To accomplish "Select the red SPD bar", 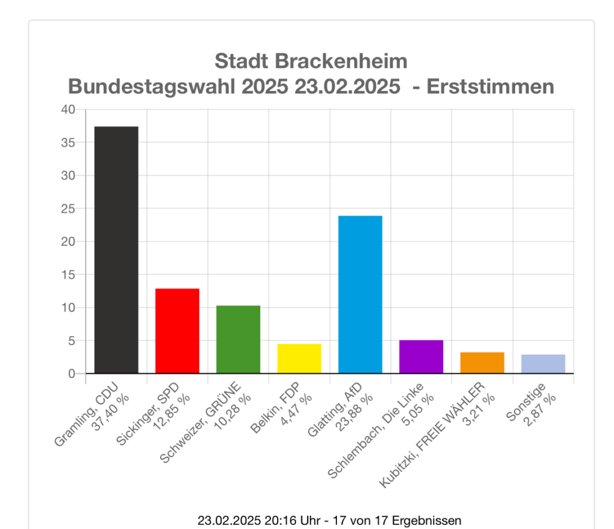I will pos(177,331).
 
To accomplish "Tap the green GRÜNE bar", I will pos(238,339).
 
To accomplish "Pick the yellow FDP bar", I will pos(299,358).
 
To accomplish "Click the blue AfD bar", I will pos(360,294).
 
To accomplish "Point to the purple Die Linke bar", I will pos(421,356).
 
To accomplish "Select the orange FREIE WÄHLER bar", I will pos(482,362).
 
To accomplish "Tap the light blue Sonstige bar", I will pos(543,364).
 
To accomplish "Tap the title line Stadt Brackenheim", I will pos(311,61).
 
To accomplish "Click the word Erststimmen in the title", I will pos(490,87).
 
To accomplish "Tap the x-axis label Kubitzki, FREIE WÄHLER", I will pos(433,434).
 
